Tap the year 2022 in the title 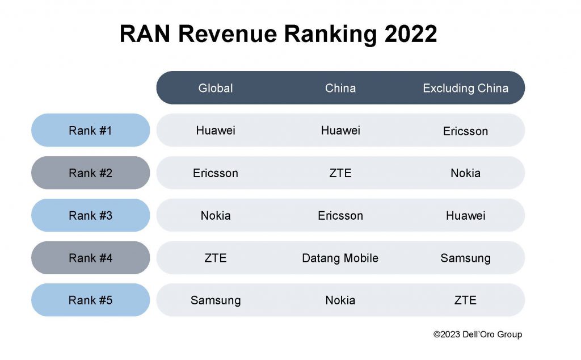[x=410, y=35]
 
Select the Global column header [x=216, y=88]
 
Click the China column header [x=340, y=88]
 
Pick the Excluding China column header [x=465, y=88]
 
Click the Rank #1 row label [x=91, y=131]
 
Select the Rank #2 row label [x=91, y=173]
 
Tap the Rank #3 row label [x=91, y=216]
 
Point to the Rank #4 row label [x=91, y=258]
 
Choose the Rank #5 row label [x=91, y=300]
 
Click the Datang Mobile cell [x=340, y=258]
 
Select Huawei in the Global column [x=216, y=131]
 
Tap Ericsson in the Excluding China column [x=465, y=131]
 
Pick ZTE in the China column [x=340, y=173]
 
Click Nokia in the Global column [x=216, y=216]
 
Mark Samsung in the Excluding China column [x=465, y=258]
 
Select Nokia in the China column [x=340, y=300]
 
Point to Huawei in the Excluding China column [x=465, y=216]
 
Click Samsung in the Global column [x=216, y=300]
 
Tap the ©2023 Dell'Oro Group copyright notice [x=478, y=334]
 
